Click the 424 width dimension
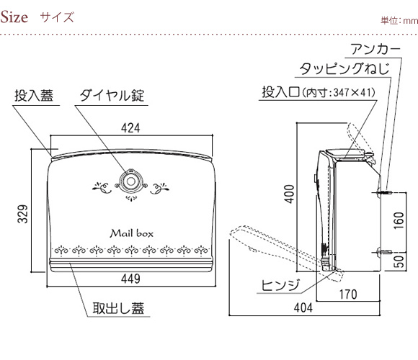point(130,128)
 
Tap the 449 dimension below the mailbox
point(130,279)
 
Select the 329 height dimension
point(22,214)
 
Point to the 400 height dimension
point(289,194)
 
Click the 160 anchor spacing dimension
point(399,220)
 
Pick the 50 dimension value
point(399,261)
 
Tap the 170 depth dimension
point(348,294)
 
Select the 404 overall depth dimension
point(303,308)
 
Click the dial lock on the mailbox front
point(130,181)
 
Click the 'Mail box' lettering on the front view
point(132,233)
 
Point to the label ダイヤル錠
point(112,96)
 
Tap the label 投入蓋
point(34,96)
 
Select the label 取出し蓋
point(118,308)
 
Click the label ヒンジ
point(280,285)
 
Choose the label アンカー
point(375,49)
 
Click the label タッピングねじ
point(344,68)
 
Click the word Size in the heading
point(14,17)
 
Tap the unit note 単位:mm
point(399,20)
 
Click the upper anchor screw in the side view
point(384,192)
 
